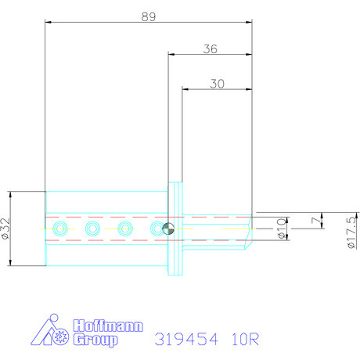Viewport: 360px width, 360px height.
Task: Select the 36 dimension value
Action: [210, 49]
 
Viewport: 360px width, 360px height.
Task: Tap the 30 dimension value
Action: [218, 83]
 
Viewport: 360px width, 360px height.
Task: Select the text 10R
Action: [245, 340]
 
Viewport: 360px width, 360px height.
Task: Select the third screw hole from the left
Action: [125, 229]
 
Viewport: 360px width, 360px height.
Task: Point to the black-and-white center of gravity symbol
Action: [168, 229]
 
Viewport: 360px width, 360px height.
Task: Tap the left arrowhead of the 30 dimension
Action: [185, 88]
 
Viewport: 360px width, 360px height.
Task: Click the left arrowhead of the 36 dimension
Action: [171, 54]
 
